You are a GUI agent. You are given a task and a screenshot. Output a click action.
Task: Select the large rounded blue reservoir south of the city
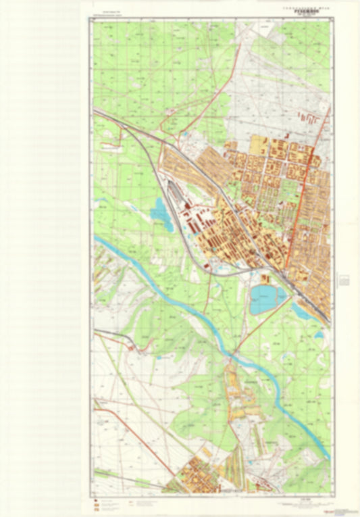tap(267, 298)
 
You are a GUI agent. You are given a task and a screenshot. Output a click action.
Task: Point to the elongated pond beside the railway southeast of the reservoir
tap(301, 312)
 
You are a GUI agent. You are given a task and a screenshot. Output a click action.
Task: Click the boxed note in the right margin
tap(344, 279)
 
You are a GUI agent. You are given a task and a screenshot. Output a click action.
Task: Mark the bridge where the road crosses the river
tap(233, 353)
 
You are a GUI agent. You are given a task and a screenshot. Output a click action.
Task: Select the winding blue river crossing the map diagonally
tap(169, 297)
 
